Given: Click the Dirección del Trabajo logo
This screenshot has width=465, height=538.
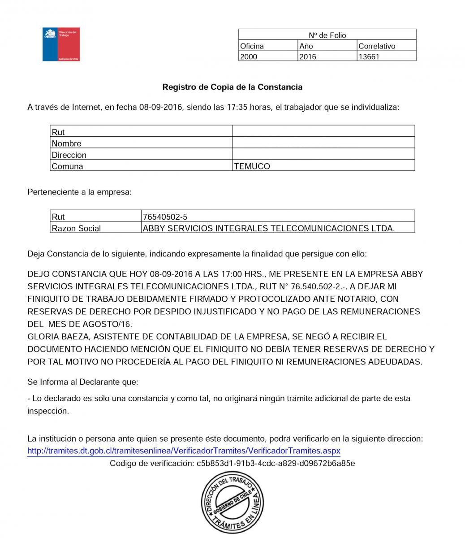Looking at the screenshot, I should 60,44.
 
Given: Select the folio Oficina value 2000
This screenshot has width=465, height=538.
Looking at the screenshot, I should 249,57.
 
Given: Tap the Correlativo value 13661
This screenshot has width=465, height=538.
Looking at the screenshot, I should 369,57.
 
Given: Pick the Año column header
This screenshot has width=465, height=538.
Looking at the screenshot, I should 306,46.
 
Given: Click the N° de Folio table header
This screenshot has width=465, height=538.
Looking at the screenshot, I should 327,35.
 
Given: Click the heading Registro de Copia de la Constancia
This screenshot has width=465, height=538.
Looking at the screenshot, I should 232,87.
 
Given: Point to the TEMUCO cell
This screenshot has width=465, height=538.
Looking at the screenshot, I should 252,166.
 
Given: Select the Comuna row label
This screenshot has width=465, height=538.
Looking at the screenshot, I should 67,166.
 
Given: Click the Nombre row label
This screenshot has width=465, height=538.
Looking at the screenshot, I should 66,144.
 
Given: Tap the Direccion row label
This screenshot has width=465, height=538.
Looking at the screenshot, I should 69,155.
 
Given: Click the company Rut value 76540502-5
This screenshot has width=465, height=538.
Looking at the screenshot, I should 165,217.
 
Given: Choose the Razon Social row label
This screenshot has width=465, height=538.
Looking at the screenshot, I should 76,228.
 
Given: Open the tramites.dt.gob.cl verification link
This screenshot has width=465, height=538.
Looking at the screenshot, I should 184,451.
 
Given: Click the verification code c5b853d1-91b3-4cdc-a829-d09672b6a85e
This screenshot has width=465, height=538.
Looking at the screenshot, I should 276,463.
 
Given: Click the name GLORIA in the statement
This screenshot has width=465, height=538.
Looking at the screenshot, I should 42,336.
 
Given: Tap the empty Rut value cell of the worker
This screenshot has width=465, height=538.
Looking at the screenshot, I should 323,131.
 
